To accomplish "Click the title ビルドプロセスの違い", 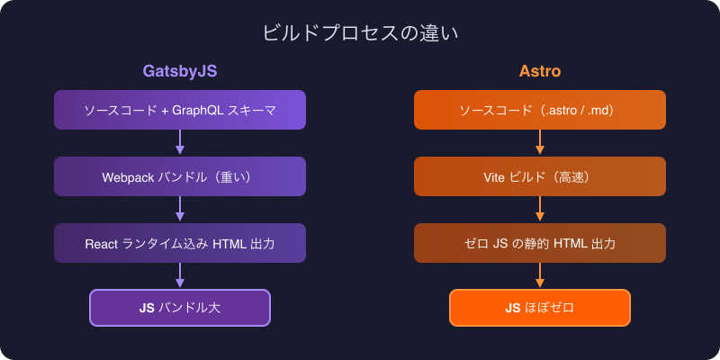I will [x=360, y=34].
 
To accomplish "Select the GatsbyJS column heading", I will [x=180, y=71].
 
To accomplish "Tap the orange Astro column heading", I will [x=540, y=71].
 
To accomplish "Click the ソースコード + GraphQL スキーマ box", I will [x=180, y=110].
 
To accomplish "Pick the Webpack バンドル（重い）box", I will [x=180, y=177].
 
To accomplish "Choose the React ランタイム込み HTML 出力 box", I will [x=180, y=244].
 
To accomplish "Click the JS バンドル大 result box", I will [x=180, y=308].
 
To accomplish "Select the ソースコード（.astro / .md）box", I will [x=540, y=110].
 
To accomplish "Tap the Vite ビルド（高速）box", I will [x=540, y=177].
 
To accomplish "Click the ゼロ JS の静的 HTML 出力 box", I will [x=540, y=244].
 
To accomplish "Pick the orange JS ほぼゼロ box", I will [x=540, y=308].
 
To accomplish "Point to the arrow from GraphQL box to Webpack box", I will [x=180, y=143].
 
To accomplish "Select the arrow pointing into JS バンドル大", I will [x=180, y=276].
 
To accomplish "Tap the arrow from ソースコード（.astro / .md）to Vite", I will [x=540, y=143].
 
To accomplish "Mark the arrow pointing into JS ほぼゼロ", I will [x=540, y=276].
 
